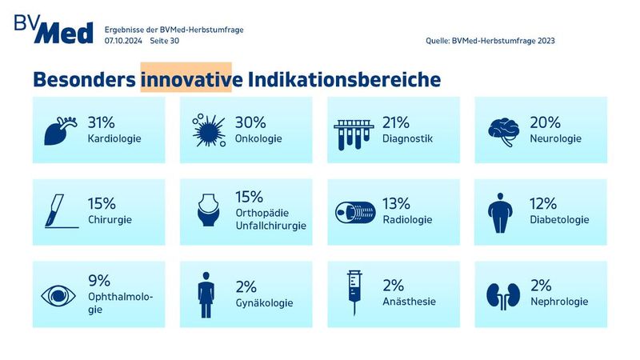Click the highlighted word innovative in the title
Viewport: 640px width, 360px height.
click(x=186, y=79)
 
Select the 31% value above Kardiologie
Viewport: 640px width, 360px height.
click(x=102, y=122)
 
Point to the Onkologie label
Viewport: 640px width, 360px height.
click(x=258, y=138)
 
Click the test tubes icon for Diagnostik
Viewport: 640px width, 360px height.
click(x=354, y=130)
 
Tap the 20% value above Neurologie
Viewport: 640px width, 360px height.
click(x=544, y=122)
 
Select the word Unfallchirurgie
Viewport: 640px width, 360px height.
click(x=271, y=226)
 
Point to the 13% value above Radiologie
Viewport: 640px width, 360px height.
click(x=396, y=203)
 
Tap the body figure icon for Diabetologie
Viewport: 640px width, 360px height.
click(x=502, y=211)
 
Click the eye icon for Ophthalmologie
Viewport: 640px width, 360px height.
click(x=59, y=294)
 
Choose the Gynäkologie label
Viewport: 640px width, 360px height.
click(x=265, y=302)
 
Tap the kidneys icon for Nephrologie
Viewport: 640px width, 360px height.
click(x=502, y=294)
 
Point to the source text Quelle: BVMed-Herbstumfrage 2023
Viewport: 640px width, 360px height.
click(x=491, y=40)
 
